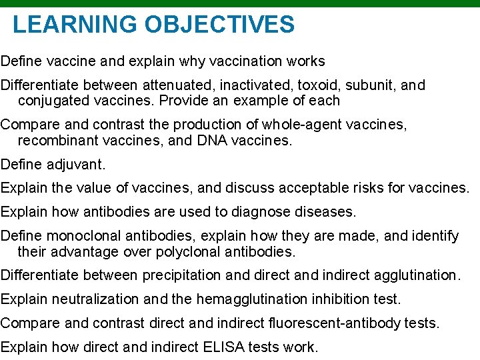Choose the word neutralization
(87, 299)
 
